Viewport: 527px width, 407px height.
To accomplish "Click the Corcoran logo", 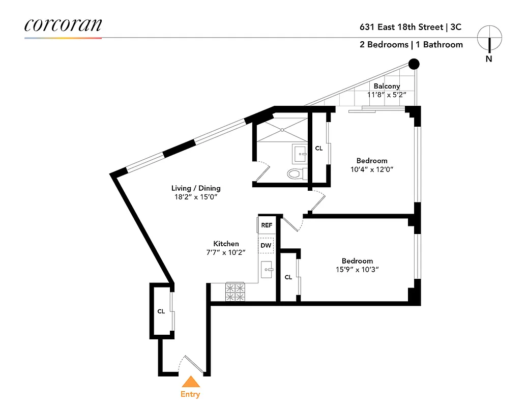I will [63, 25].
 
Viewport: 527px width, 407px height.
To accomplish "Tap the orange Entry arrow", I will [190, 383].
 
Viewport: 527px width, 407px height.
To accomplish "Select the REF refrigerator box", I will [267, 225].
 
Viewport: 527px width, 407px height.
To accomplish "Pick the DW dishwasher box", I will [266, 245].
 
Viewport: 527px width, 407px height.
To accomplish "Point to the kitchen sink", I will [267, 270].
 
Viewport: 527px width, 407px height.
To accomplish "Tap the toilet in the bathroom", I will [296, 174].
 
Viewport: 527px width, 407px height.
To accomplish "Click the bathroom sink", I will [300, 152].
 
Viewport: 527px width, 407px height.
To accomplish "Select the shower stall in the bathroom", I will [281, 131].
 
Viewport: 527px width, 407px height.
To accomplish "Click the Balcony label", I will [387, 86].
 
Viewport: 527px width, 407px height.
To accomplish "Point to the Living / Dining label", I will [195, 188].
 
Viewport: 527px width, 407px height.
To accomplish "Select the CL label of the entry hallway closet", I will [160, 311].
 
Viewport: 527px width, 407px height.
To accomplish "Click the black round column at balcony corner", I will [414, 64].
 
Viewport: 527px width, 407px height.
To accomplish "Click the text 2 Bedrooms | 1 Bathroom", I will [411, 45].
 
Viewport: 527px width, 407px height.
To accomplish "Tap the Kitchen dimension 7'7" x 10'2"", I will [225, 252].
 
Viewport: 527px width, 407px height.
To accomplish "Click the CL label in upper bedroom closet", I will [319, 149].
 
